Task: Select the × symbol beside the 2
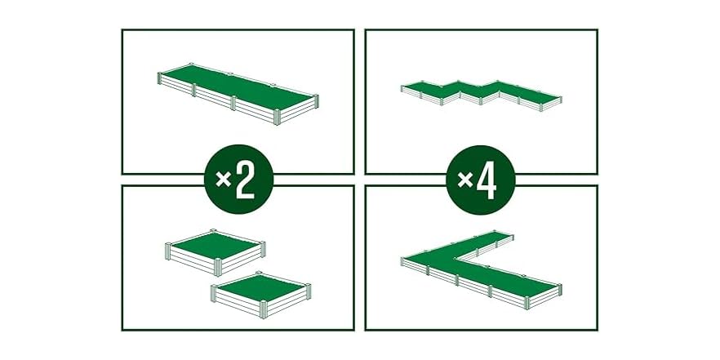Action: coord(224,181)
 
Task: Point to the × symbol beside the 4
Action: coord(465,181)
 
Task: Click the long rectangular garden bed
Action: coord(238,89)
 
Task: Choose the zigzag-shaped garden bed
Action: coord(482,91)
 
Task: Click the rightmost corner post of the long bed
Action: coord(315,101)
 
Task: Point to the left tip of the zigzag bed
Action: coord(402,87)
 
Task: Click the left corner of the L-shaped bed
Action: coord(403,260)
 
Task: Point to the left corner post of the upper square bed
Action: coord(167,247)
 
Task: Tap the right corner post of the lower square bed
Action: coord(309,289)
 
